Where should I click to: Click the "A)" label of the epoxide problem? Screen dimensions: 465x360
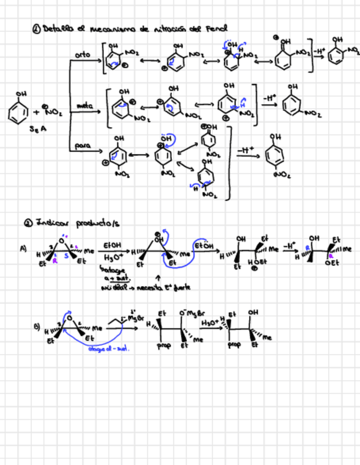[x=23, y=248]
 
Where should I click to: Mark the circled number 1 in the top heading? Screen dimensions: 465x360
[x=36, y=29]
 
